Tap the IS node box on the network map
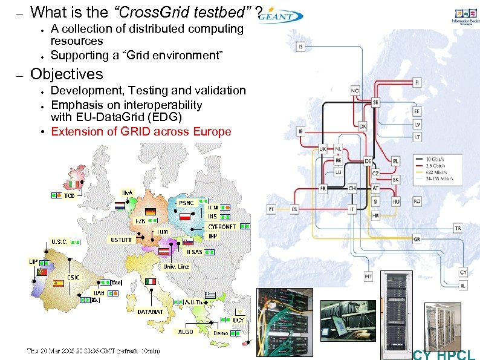[301, 47]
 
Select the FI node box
[417, 82]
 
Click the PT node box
[271, 209]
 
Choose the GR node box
[417, 239]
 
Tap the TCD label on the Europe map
[70, 196]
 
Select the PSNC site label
[187, 203]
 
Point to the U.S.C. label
[59, 241]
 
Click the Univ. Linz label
[176, 266]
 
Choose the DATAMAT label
[150, 312]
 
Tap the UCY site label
[238, 319]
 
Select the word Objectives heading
[66, 74]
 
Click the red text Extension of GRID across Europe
[141, 131]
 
